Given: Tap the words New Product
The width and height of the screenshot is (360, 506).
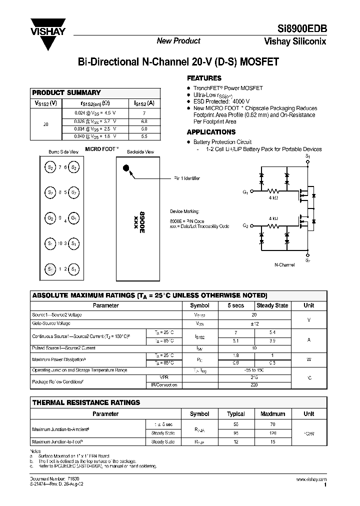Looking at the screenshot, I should tap(178, 41).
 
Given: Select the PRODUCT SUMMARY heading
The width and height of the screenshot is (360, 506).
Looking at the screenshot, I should tap(66, 92).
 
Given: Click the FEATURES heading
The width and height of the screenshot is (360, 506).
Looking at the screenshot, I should tap(204, 78).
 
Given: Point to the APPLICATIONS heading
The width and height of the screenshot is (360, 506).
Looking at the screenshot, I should tap(211, 132).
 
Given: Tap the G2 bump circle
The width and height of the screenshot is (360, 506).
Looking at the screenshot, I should tap(50, 218).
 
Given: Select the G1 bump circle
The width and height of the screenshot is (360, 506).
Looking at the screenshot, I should tap(73, 218).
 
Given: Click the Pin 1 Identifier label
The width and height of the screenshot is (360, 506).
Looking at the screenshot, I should tap(187, 178).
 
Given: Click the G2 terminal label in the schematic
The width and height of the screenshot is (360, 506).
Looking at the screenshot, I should tap(245, 226).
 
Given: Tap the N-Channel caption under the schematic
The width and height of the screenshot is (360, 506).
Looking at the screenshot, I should tap(284, 264).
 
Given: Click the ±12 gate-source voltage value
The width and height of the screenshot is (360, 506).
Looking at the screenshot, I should tap(254, 324).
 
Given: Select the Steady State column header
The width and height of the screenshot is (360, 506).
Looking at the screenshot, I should tap(272, 305).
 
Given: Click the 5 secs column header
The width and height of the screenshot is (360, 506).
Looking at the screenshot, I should tap(236, 305).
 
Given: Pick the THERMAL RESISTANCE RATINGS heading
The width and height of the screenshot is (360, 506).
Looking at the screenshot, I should tap(86, 402).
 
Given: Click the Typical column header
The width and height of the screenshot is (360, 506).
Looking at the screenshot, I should tap(236, 414).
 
